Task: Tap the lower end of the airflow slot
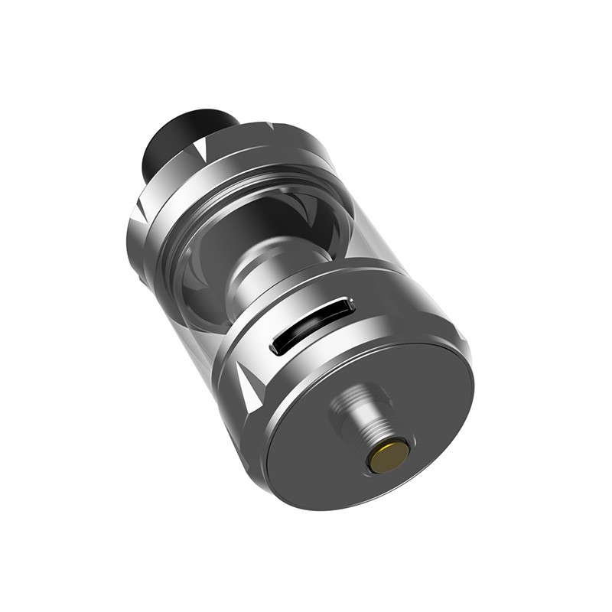pos(275,350)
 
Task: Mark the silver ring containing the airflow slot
pos(367,306)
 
